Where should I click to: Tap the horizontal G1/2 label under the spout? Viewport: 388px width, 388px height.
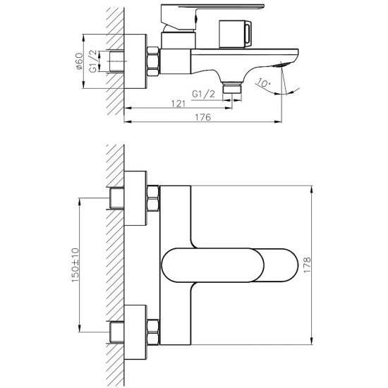pyautogui.click(x=205, y=92)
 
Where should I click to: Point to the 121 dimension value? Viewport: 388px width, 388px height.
pyautogui.click(x=178, y=104)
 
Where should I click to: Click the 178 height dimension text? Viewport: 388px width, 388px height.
pyautogui.click(x=305, y=263)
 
